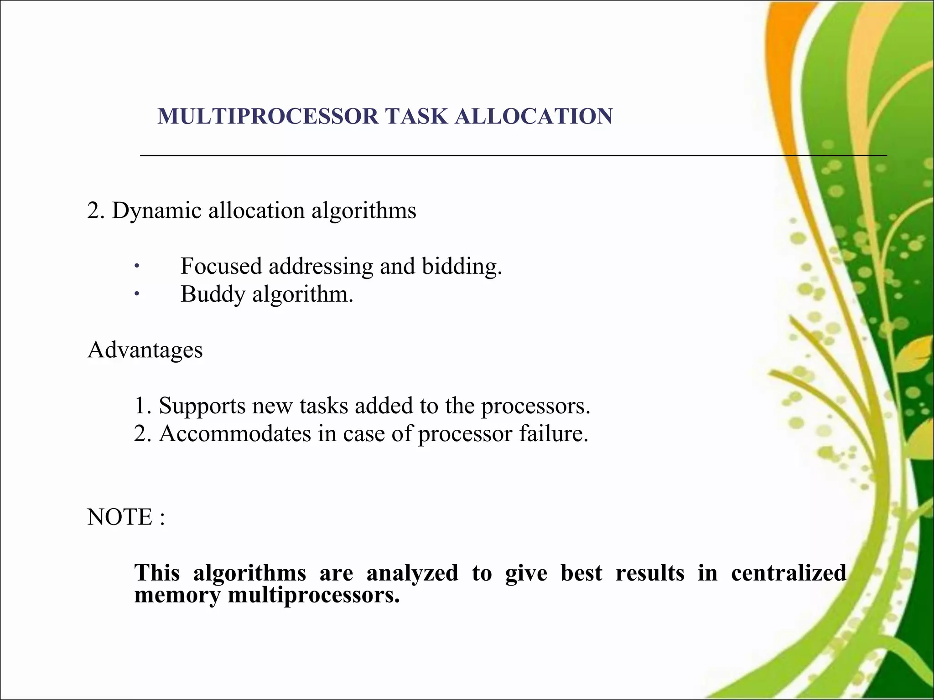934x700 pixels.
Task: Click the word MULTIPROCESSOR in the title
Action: click(268, 116)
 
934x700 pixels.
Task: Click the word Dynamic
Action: click(156, 211)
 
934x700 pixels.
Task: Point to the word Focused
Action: click(221, 266)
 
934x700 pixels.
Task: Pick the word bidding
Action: click(462, 266)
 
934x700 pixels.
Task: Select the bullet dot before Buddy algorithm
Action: click(136, 294)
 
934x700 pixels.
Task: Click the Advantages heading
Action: click(145, 350)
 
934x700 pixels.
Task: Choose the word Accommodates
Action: click(234, 433)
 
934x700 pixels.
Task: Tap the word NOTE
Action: click(119, 517)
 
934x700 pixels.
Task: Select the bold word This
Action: click(157, 573)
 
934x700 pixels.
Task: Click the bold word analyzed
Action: click(412, 573)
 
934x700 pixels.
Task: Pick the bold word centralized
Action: click(789, 573)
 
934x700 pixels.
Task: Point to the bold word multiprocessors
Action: click(314, 595)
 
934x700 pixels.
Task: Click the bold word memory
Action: click(177, 595)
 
